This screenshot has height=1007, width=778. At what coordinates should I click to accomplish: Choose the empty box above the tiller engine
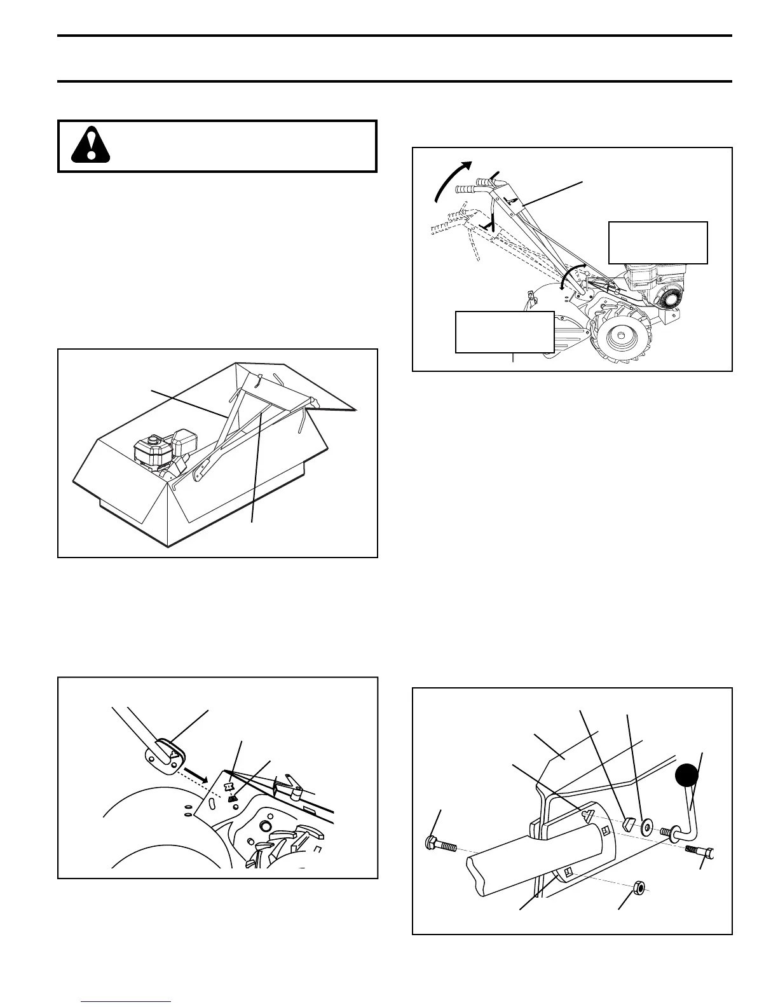click(658, 242)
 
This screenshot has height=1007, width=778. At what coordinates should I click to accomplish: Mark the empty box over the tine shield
click(505, 331)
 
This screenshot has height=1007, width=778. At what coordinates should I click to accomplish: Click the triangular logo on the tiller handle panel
click(510, 199)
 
